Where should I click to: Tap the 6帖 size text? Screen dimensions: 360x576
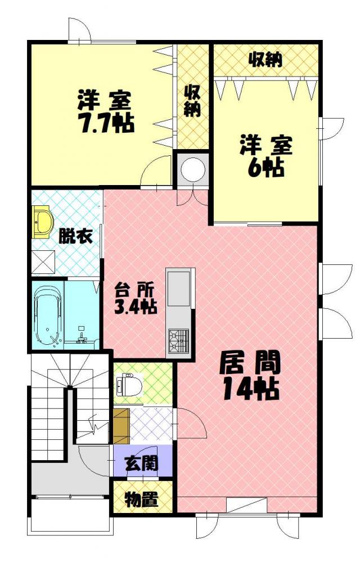(266, 168)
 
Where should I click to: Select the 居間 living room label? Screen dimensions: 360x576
(250, 362)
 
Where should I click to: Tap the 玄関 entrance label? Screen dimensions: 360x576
(142, 463)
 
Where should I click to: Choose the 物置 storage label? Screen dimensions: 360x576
(142, 499)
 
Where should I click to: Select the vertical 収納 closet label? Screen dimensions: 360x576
(192, 101)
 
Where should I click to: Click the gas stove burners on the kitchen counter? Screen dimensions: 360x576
(178, 341)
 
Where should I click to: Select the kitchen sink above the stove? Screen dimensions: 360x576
(179, 289)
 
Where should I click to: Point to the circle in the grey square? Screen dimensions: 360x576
(193, 170)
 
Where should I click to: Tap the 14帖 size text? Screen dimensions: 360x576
(251, 389)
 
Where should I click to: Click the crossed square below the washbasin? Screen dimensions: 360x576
(43, 262)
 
